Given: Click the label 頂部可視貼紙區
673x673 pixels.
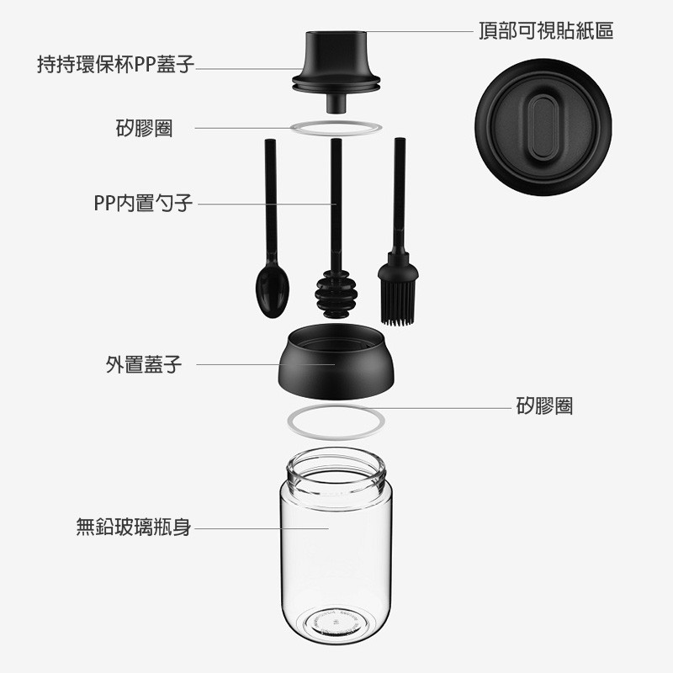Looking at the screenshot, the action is [546, 31].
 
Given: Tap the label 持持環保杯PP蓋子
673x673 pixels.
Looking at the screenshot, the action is [115, 65].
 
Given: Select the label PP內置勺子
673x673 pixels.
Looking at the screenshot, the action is [143, 203].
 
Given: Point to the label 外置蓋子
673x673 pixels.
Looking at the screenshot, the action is [144, 364].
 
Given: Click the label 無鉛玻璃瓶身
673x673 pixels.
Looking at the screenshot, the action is [134, 527].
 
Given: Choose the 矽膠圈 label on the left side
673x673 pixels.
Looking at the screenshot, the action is [144, 128].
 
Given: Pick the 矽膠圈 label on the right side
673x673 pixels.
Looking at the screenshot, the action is [544, 405].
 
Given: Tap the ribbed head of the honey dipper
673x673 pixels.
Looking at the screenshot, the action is [336, 295].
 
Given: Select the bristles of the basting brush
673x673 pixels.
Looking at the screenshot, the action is [398, 302].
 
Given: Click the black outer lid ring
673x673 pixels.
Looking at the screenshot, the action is [336, 362].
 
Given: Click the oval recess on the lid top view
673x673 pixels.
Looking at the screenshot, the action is [543, 128].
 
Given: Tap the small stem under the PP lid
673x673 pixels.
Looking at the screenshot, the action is [336, 103].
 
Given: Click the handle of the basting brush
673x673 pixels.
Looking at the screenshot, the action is [400, 196].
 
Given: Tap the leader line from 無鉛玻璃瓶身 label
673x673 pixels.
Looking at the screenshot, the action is [262, 528].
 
